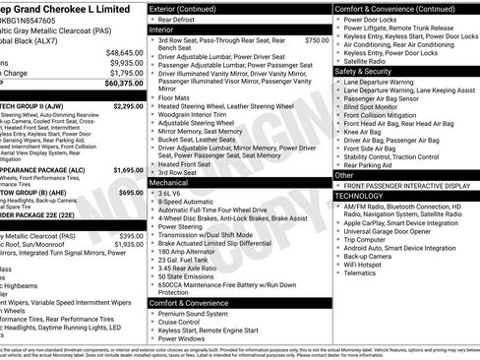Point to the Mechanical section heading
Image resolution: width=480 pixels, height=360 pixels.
pyautogui.click(x=169, y=183)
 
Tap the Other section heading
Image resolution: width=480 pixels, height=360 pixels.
pyautogui.click(x=343, y=174)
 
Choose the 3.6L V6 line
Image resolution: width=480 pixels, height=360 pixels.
pyautogui.click(x=176, y=194)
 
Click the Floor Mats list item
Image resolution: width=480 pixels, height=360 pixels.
pyautogui.click(x=174, y=98)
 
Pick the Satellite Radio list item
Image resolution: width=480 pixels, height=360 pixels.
pyautogui.click(x=369, y=61)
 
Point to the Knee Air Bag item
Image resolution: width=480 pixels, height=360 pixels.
pyautogui.click(x=365, y=132)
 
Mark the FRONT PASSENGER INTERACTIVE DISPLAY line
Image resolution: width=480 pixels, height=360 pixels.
pyautogui.click(x=404, y=185)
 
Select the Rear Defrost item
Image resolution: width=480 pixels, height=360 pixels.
pyautogui.click(x=177, y=20)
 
